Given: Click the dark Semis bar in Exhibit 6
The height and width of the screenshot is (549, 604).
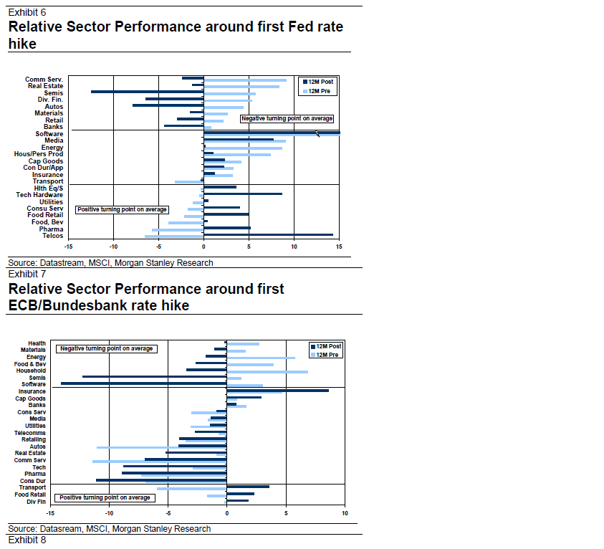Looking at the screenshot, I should pyautogui.click(x=147, y=92).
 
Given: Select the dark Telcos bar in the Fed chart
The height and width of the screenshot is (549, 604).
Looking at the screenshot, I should pyautogui.click(x=269, y=234).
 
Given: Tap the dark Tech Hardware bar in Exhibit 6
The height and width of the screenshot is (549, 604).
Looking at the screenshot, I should pyautogui.click(x=243, y=194).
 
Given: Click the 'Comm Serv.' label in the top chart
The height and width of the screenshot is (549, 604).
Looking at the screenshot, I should pyautogui.click(x=44, y=80).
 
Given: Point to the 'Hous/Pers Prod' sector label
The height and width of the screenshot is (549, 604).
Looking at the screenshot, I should pyautogui.click(x=39, y=154).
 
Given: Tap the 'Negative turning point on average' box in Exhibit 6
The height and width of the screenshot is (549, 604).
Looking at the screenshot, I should pyautogui.click(x=287, y=118).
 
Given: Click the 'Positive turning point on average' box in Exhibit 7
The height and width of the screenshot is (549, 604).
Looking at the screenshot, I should pyautogui.click(x=105, y=497).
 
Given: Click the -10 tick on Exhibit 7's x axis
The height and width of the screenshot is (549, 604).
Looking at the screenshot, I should pyautogui.click(x=108, y=513).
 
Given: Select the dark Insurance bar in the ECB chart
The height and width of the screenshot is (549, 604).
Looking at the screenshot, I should pyautogui.click(x=277, y=391).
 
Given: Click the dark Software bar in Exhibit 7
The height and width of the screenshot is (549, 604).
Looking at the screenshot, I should pyautogui.click(x=143, y=383).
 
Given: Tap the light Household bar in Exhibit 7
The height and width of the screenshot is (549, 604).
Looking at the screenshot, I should pyautogui.click(x=267, y=372).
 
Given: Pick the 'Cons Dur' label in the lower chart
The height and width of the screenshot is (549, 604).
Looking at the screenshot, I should pyautogui.click(x=33, y=481).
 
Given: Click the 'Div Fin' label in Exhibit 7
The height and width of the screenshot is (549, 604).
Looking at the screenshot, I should pyautogui.click(x=37, y=502).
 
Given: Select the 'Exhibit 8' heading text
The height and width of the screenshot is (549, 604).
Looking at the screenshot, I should pyautogui.click(x=27, y=540).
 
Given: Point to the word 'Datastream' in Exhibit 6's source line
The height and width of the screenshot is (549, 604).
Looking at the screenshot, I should pyautogui.click(x=62, y=263).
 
